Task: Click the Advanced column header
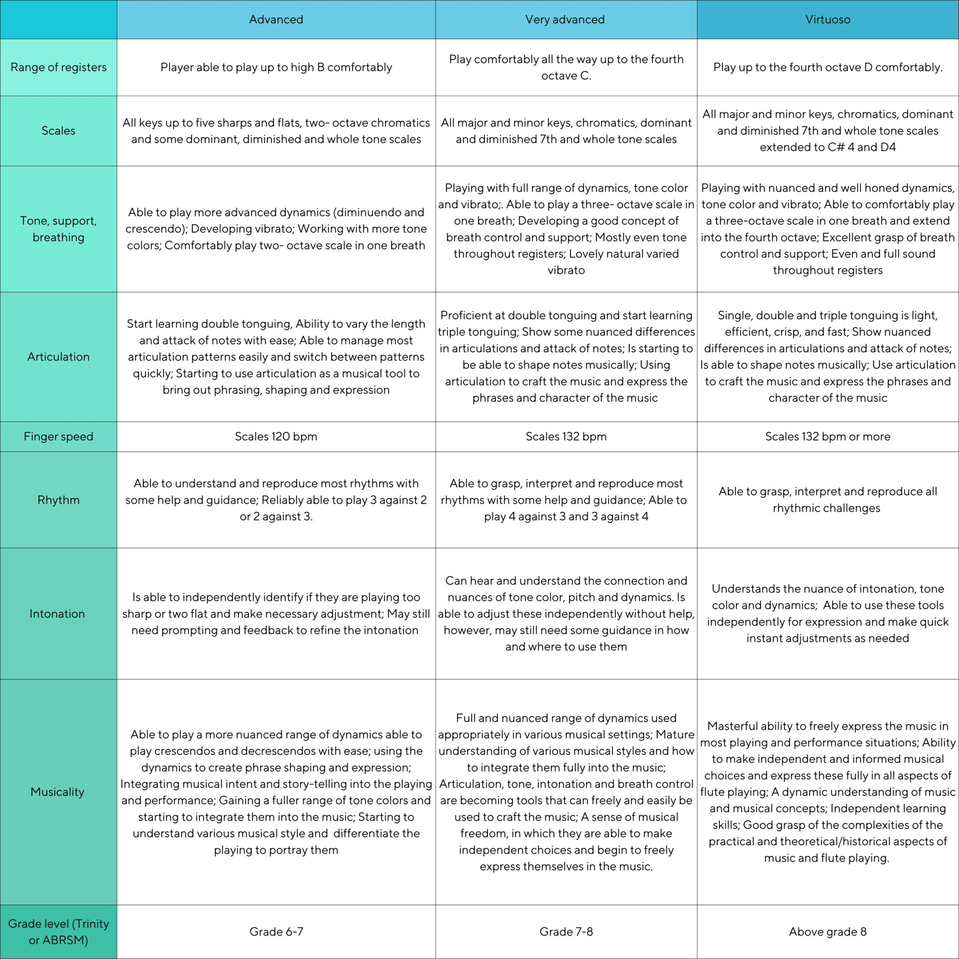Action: [276, 19]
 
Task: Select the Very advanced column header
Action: [565, 19]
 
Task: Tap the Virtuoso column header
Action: [827, 19]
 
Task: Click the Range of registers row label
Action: [58, 67]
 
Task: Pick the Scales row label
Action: [58, 131]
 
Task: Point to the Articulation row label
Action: [58, 357]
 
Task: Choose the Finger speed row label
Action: [58, 437]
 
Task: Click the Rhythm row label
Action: [58, 500]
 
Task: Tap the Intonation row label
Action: [57, 614]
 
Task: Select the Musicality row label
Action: [57, 792]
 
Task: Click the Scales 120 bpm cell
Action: [276, 437]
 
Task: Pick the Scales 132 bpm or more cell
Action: [827, 437]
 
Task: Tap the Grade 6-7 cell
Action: [276, 932]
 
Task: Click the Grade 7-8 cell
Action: [566, 932]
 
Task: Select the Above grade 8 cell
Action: [827, 932]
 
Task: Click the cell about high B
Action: [276, 67]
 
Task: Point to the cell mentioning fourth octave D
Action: [827, 67]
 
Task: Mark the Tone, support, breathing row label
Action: [58, 229]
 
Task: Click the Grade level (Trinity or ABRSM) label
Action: [58, 932]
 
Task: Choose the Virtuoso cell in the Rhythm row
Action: [827, 499]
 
